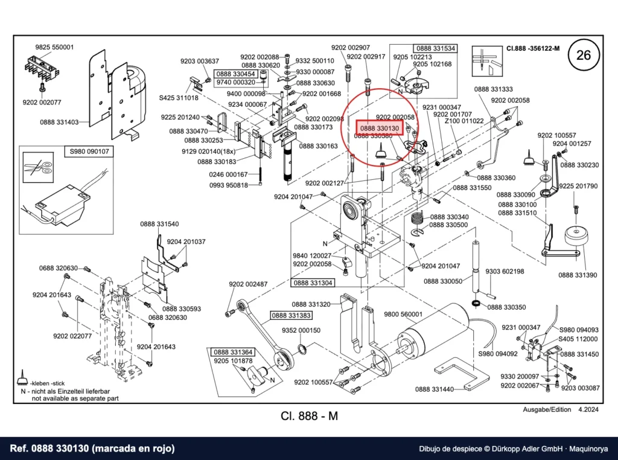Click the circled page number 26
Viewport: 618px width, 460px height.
click(x=584, y=55)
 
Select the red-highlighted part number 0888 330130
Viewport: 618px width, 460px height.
click(x=380, y=129)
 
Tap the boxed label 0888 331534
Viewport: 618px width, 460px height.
click(x=436, y=48)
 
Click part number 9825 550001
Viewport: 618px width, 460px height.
click(x=54, y=47)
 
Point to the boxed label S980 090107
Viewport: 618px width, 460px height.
click(x=89, y=151)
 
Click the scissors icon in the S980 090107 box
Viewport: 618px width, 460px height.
click(x=38, y=168)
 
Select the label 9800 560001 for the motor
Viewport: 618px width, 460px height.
click(x=403, y=314)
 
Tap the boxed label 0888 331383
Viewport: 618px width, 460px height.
click(x=291, y=315)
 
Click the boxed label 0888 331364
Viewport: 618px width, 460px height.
click(x=234, y=352)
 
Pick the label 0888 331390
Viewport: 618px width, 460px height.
click(x=578, y=275)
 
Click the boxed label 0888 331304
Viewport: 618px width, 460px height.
click(x=313, y=283)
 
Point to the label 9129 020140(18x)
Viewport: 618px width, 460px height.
click(x=208, y=152)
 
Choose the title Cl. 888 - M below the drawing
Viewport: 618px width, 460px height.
click(x=310, y=416)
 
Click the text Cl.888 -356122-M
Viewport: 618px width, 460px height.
click(x=533, y=48)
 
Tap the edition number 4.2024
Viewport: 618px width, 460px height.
click(x=588, y=409)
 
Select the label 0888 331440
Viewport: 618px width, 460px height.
click(x=435, y=389)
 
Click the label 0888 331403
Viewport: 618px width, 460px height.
click(x=59, y=122)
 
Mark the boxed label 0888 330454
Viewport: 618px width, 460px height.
click(x=236, y=74)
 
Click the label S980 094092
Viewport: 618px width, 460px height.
click(x=498, y=354)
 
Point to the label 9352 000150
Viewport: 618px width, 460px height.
click(x=301, y=330)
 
